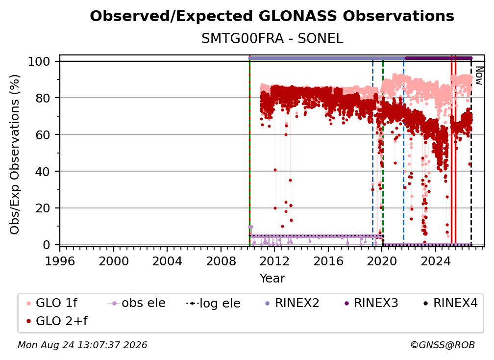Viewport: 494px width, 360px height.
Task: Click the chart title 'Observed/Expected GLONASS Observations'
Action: point(272,16)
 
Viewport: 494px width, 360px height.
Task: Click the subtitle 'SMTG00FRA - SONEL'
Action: point(272,39)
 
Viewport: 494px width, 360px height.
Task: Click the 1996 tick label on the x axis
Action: point(60,261)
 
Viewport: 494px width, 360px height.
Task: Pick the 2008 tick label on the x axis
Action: point(221,261)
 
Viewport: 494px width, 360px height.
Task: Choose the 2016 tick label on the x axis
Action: point(328,261)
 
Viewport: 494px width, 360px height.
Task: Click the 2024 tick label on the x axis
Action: point(436,261)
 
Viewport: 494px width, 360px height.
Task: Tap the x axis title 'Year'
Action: point(272,279)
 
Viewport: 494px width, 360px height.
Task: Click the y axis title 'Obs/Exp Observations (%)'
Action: point(15,154)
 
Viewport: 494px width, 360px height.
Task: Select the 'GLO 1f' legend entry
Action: point(52,303)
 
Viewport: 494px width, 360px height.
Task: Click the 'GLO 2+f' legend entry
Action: point(57,321)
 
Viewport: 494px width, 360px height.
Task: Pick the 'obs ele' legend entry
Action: point(137,303)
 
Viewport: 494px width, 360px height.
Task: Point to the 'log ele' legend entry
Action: point(213,303)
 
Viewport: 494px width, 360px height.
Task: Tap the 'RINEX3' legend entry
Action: point(371,303)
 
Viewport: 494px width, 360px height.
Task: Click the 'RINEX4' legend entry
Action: point(450,303)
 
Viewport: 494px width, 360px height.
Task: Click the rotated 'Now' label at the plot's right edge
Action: point(479,76)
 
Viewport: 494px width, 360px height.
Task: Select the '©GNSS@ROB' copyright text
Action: point(443,345)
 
